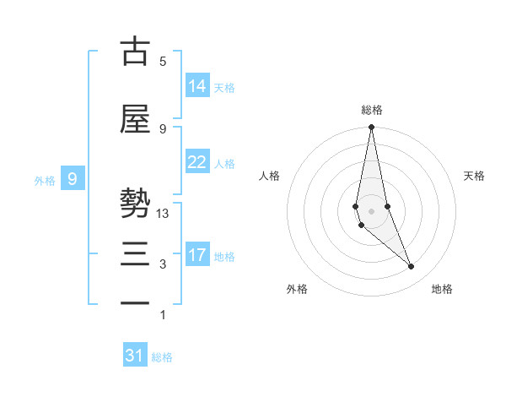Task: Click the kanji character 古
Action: [x=135, y=52]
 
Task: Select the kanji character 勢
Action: [x=135, y=205]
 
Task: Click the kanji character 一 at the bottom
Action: [x=135, y=302]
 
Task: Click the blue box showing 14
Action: [x=197, y=86]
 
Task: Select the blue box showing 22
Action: [x=197, y=162]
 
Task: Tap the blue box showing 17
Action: [x=197, y=255]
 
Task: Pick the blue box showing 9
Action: [x=73, y=179]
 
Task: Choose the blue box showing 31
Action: [x=135, y=356]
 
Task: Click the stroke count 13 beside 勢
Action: [x=164, y=214]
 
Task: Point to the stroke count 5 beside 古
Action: [x=163, y=62]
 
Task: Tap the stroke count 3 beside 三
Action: [x=163, y=264]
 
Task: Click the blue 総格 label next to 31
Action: [x=162, y=357]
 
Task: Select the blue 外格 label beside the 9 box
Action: [x=45, y=180]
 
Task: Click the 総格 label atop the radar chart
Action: [x=371, y=110]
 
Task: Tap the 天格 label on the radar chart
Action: [x=475, y=176]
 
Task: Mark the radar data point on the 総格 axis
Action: [x=371, y=128]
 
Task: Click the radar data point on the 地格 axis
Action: [x=412, y=267]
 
